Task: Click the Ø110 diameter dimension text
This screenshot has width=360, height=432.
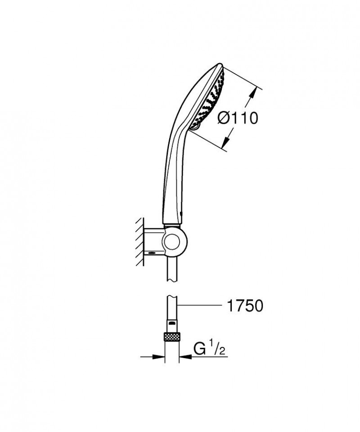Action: tap(237, 118)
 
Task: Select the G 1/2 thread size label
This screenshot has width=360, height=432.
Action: tap(209, 349)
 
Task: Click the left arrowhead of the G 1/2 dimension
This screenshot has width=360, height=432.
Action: tap(162, 358)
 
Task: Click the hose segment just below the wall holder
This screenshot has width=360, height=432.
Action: tap(172, 270)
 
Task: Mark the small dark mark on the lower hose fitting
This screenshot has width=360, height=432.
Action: tap(172, 323)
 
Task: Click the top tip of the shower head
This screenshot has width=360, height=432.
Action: tap(220, 64)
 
